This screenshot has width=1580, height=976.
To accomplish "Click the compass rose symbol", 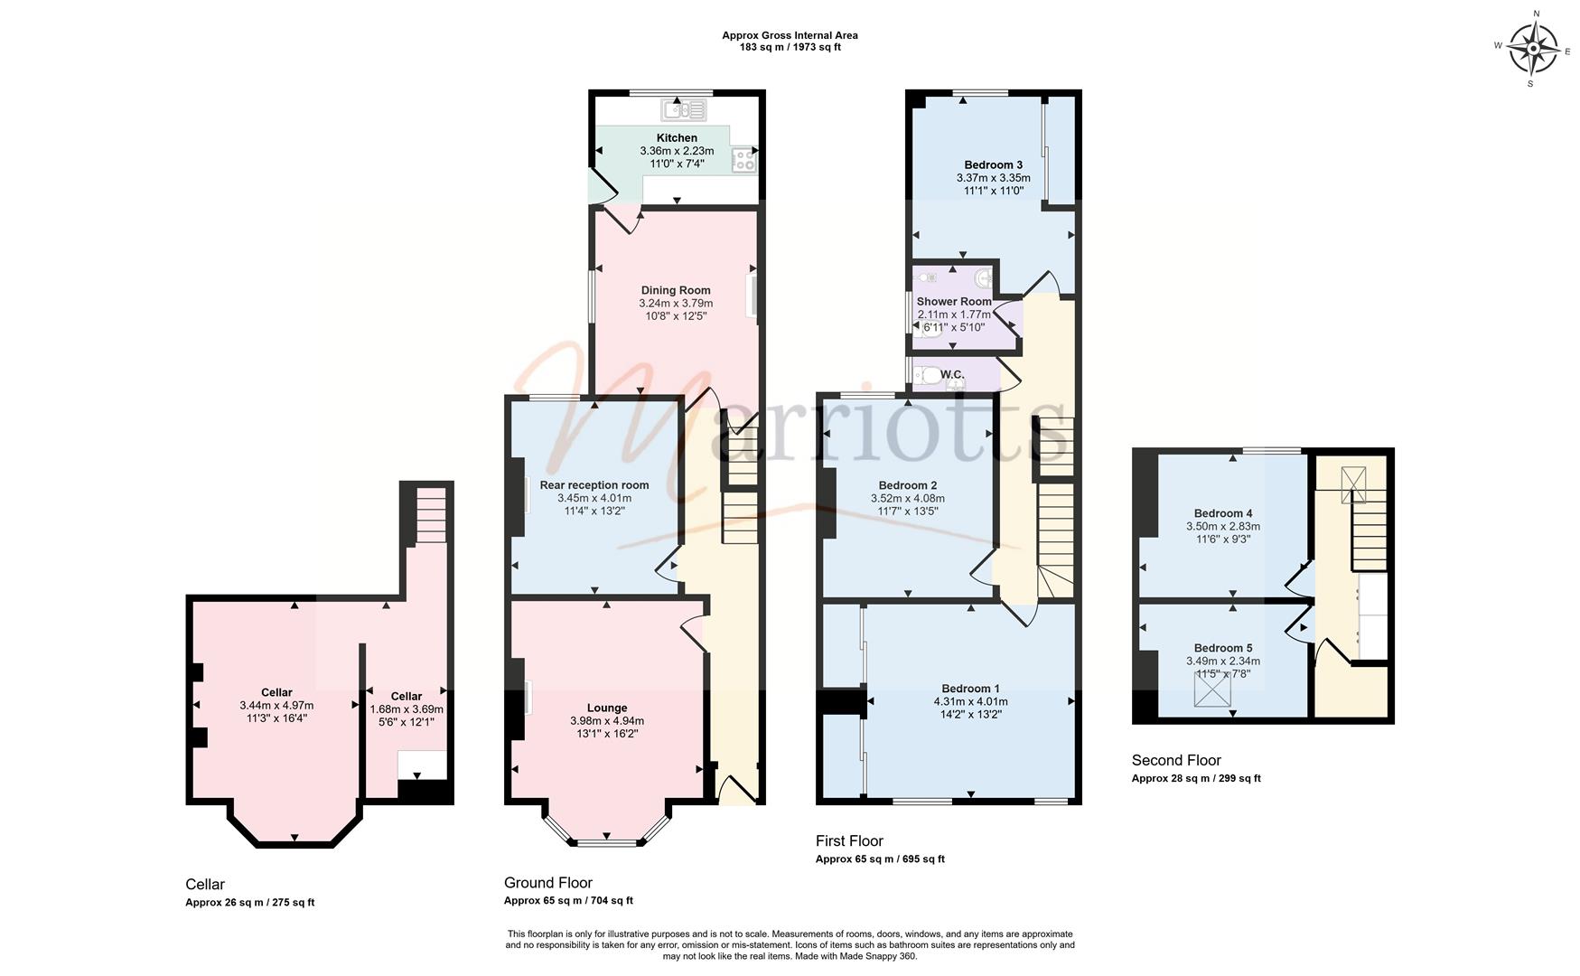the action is (1533, 48).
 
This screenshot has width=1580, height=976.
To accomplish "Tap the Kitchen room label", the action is (677, 138).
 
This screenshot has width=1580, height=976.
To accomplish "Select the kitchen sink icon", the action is (684, 110).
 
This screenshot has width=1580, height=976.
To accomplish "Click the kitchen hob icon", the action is (743, 160).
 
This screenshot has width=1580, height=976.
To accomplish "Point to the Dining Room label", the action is (676, 291).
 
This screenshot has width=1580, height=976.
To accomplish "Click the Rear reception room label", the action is (594, 485).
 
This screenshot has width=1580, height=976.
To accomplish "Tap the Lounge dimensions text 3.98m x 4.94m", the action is (607, 721).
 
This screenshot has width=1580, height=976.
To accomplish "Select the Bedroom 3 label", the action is (994, 165).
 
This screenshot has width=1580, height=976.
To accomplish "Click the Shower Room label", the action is (954, 302).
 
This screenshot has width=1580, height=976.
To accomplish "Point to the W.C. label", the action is (952, 375).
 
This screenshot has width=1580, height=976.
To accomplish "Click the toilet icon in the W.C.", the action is (927, 375).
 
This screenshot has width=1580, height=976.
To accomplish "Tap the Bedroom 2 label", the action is (908, 485).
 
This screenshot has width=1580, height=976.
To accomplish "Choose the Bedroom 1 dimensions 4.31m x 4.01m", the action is (971, 701).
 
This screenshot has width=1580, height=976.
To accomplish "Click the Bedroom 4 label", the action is (1223, 513).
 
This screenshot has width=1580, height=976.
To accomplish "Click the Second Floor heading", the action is (1176, 761).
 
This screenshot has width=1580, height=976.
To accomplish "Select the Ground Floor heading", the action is (548, 883).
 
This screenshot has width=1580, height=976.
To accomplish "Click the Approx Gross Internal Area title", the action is (790, 36).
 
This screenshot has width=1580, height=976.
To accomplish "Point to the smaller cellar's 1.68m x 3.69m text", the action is (407, 709).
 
